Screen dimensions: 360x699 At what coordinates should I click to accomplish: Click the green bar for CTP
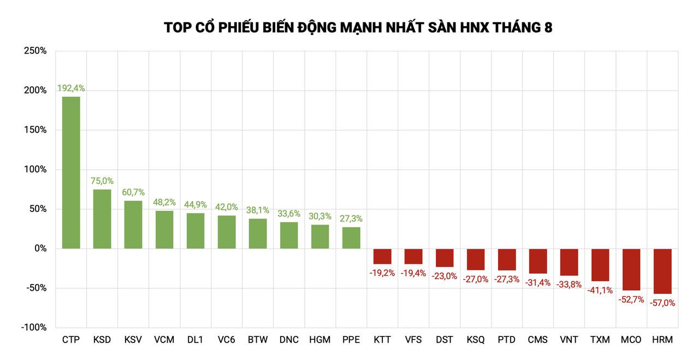coord(71,173)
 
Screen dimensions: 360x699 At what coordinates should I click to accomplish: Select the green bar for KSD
coord(102,219)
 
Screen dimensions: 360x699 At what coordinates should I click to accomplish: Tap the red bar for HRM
coord(662,271)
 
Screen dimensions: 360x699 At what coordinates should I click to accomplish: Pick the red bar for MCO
coord(631,269)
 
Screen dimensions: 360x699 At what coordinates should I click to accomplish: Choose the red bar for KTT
coord(382,256)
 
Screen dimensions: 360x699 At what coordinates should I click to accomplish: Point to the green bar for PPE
coord(351,238)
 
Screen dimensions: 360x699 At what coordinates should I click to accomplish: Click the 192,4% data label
coord(71,88)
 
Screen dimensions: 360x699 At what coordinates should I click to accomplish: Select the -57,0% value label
coord(662,303)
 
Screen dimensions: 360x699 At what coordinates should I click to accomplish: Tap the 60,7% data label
coord(133,192)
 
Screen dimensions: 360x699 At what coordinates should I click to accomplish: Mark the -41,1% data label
coord(600,290)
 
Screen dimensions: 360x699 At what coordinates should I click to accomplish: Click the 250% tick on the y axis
coord(35,51)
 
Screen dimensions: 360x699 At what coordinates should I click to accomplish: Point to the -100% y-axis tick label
coord(34,327)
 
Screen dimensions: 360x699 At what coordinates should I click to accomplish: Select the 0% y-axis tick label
coord(40,249)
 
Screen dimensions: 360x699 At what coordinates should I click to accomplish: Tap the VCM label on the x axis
coord(164,340)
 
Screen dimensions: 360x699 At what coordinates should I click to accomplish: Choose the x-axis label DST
coord(445,340)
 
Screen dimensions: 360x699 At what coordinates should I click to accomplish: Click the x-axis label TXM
coord(600,340)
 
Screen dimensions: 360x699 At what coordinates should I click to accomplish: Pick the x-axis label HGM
coord(320,340)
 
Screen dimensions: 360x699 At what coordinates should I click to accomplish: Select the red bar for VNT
coord(569,262)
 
